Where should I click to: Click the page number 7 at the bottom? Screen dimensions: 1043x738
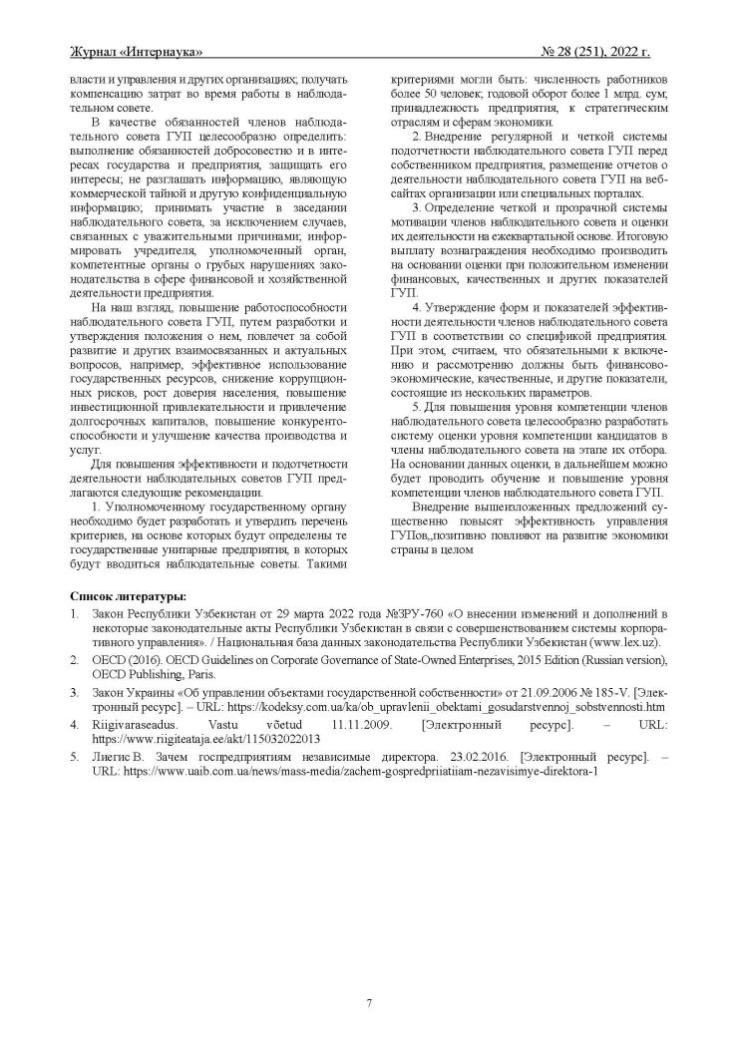(x=368, y=1002)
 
